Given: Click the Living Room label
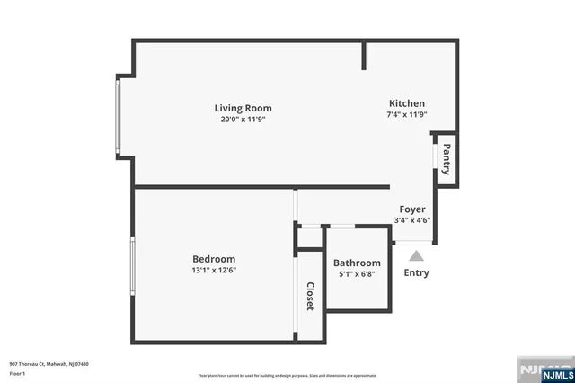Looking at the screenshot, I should (x=243, y=108).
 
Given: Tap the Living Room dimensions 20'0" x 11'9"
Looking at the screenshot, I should (x=243, y=120).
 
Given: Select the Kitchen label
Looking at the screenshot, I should (x=406, y=103).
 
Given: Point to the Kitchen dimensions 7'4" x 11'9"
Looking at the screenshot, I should (x=406, y=115).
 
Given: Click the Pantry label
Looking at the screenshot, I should (x=446, y=160).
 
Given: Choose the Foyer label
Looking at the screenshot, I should (x=412, y=209).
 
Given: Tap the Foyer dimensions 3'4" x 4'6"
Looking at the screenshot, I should (x=412, y=221).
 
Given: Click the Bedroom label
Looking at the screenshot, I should (x=214, y=259).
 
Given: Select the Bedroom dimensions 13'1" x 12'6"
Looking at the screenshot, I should (x=214, y=270).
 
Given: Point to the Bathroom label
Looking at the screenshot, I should (x=358, y=263).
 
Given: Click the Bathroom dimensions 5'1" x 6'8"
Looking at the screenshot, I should (x=358, y=274).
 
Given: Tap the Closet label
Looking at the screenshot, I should (x=310, y=297).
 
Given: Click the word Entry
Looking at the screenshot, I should (x=416, y=273).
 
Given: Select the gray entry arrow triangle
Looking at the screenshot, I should (x=416, y=256).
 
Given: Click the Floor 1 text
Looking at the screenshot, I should (x=16, y=373).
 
